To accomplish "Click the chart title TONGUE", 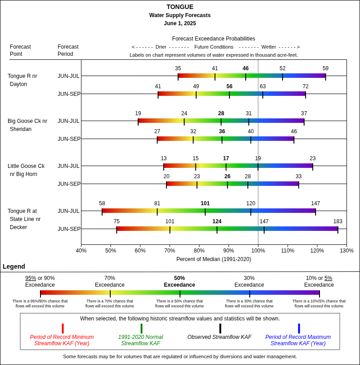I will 180,7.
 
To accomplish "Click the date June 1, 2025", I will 180,23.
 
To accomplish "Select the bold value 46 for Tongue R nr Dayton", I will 246,68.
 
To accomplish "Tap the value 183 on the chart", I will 338,221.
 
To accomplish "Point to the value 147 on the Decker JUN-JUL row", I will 315,203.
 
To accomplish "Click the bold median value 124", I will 217,221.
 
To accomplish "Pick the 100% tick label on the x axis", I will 258,251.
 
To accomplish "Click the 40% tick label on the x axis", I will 81,251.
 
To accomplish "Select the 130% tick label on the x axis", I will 346,251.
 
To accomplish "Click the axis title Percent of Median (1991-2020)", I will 214,259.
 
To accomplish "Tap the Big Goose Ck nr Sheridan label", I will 27,125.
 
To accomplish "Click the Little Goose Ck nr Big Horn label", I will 26,170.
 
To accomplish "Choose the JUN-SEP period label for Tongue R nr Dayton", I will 69,94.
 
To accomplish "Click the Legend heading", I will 14,266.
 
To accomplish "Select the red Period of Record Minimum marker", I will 63,329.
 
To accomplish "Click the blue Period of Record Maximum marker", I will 299,329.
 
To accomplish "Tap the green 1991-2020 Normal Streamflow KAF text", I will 140,340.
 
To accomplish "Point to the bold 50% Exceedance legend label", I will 180,281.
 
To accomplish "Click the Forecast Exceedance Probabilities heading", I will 214,39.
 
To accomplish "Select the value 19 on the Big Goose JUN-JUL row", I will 138,113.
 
